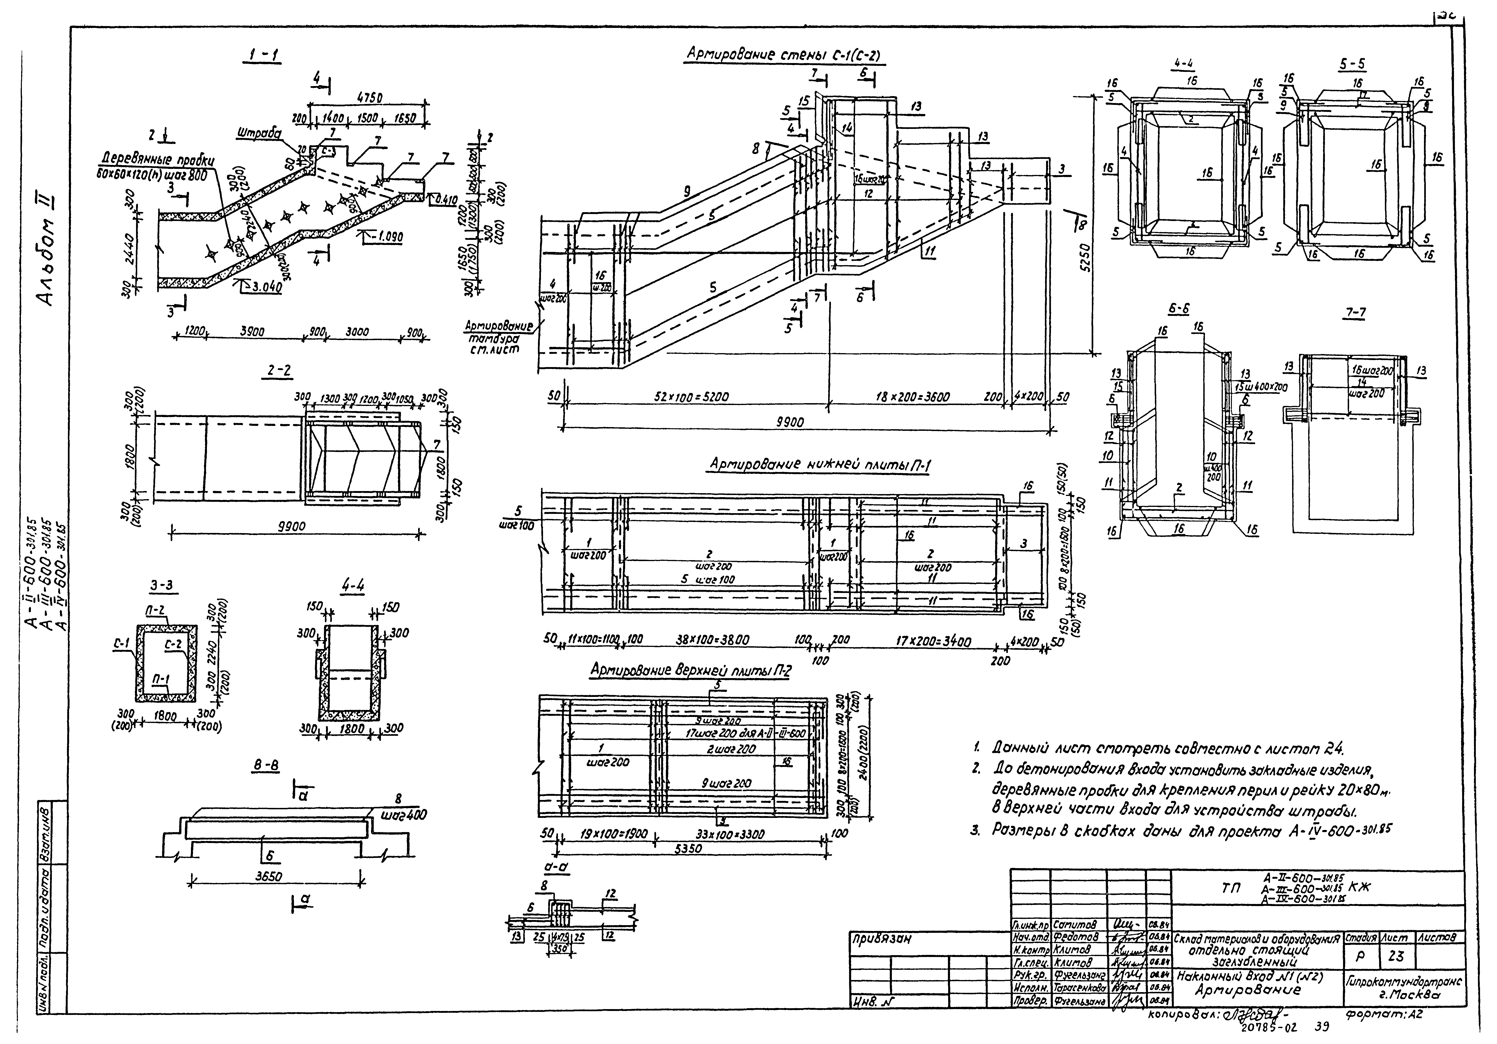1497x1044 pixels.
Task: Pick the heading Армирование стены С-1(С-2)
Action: pyautogui.click(x=782, y=56)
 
